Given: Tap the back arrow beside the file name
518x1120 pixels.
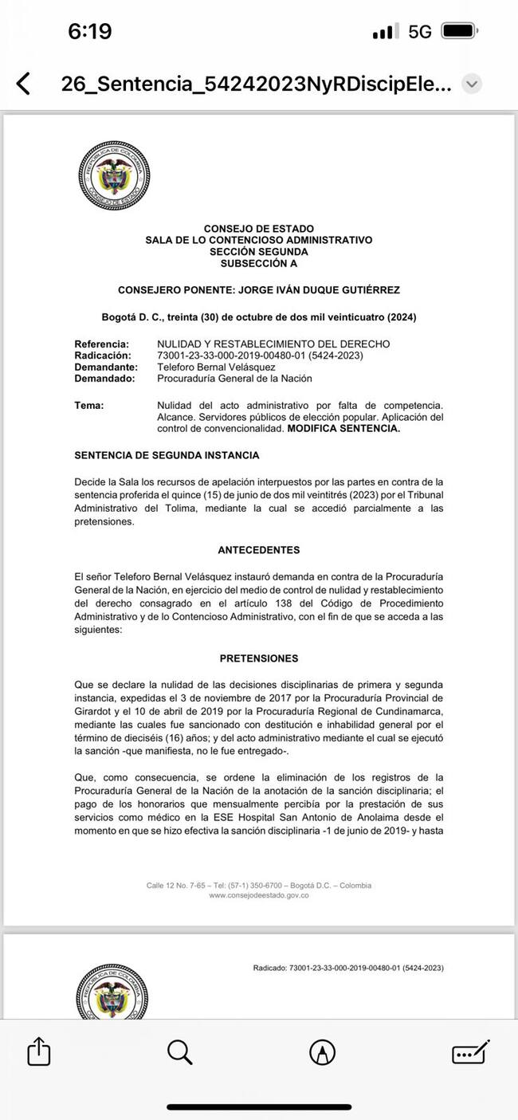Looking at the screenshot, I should (x=23, y=84).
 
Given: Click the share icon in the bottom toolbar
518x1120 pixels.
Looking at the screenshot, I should (x=38, y=1051).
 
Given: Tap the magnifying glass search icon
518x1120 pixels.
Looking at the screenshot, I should (x=180, y=1052).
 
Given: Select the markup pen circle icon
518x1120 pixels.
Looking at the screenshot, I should (x=322, y=1052).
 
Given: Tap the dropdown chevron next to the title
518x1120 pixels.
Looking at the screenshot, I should (x=472, y=84).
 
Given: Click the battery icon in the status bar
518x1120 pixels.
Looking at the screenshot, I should (x=458, y=31).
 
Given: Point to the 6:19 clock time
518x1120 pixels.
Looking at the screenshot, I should (x=89, y=31).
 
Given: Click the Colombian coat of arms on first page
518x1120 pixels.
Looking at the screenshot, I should (x=114, y=175).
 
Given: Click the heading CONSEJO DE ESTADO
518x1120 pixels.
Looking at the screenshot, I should (x=258, y=229).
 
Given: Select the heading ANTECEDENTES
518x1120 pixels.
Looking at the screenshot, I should (x=258, y=550).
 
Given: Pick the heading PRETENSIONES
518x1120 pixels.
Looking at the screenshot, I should (x=258, y=658).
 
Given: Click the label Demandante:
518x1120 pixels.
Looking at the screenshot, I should (x=106, y=367).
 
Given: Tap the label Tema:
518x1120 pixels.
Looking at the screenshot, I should (x=89, y=406).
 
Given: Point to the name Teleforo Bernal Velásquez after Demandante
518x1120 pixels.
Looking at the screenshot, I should (x=216, y=367).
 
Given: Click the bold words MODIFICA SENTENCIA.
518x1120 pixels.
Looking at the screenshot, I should (x=343, y=428).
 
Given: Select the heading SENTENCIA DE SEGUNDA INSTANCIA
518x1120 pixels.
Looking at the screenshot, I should (x=167, y=455).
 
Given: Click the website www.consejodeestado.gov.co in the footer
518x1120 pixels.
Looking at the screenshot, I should (x=258, y=895).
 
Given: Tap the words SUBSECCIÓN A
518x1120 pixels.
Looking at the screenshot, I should (x=258, y=263).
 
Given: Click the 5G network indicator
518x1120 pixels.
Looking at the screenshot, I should (x=419, y=31).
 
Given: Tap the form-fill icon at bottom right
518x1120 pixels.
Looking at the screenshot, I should (x=470, y=1052).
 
